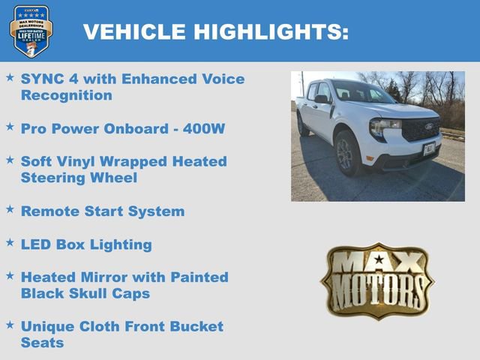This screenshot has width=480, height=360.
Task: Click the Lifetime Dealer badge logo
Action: [x=31, y=31]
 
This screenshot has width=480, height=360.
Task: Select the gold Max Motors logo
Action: [x=377, y=281]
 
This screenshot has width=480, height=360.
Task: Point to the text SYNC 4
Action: [x=47, y=79]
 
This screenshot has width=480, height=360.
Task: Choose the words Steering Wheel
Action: [x=79, y=178]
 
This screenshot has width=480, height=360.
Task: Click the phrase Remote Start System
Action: [x=103, y=211]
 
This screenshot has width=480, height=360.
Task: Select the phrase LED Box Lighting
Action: [x=86, y=244]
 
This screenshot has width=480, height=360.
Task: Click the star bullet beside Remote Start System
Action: [x=10, y=209]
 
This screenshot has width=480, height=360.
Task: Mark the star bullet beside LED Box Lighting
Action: [x=10, y=242]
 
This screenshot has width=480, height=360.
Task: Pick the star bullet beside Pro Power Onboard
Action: [x=10, y=127]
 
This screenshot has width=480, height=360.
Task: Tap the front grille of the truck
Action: [x=421, y=129]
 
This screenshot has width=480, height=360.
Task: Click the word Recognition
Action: [x=67, y=95]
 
